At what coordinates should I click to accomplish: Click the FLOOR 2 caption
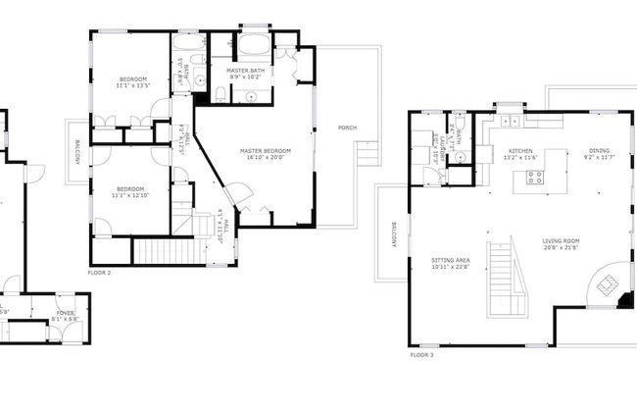[x=99, y=273]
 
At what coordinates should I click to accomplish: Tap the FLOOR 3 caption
[x=421, y=354]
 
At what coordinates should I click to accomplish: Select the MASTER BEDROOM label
[x=267, y=150]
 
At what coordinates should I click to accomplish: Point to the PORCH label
[x=347, y=129]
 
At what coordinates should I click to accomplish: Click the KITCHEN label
[x=519, y=151]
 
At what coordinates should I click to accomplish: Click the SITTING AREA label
[x=450, y=261]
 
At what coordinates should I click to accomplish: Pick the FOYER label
[x=65, y=313]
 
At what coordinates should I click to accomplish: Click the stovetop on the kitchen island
[x=535, y=178]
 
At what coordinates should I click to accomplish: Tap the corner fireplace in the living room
[x=608, y=285]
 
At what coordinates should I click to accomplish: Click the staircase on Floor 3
[x=507, y=280]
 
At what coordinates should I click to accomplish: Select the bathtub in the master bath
[x=255, y=46]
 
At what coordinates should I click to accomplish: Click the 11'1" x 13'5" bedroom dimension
[x=133, y=85]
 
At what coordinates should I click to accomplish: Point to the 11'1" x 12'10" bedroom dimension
[x=130, y=195]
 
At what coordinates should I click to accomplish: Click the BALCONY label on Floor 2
[x=76, y=152]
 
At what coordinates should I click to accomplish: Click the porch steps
[x=367, y=153]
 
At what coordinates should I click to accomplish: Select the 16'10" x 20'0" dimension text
[x=267, y=157]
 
